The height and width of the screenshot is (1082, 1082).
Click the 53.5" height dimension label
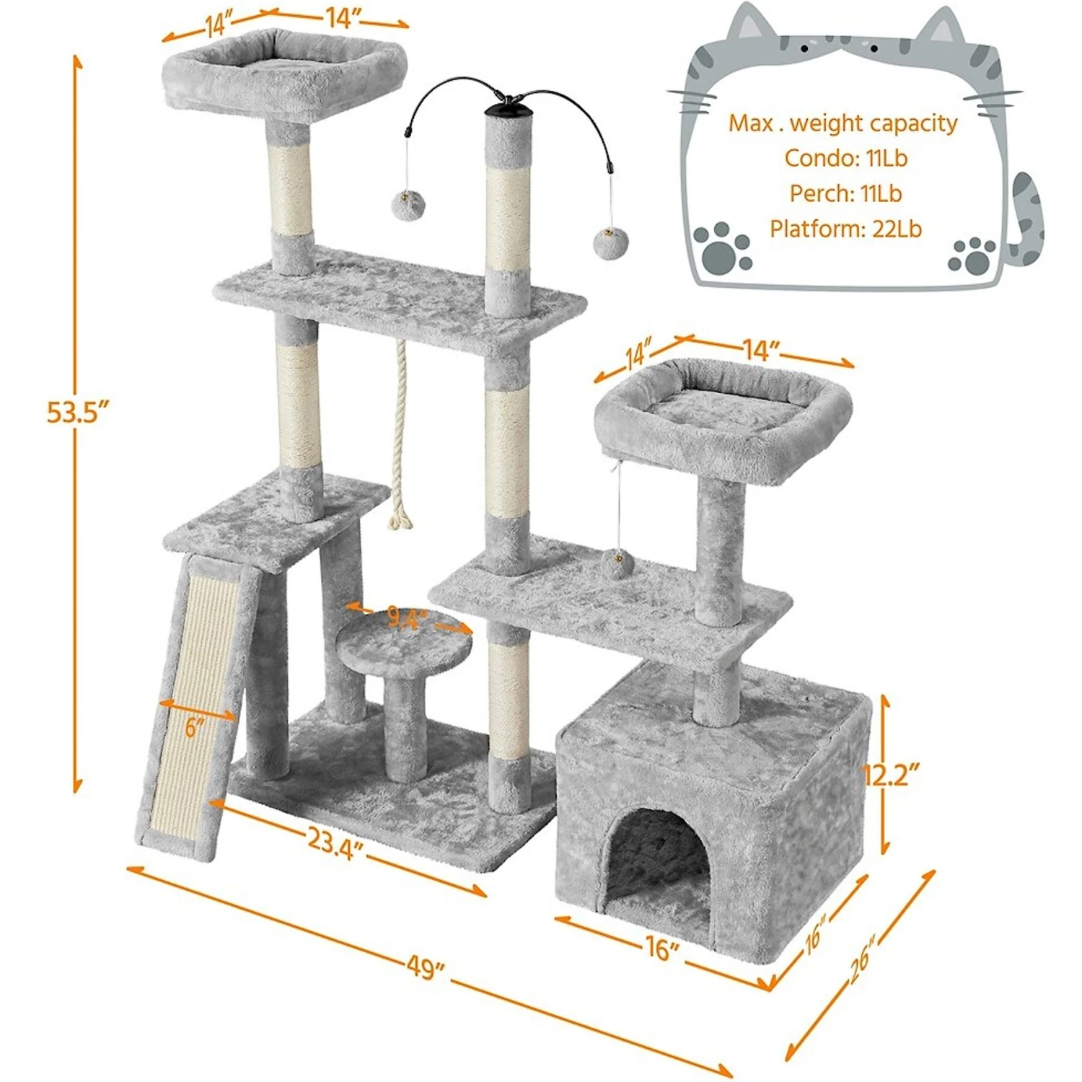[77, 413]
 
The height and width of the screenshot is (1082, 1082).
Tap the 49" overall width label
[425, 967]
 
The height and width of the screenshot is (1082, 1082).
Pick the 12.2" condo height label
[892, 775]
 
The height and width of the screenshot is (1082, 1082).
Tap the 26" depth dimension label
[861, 960]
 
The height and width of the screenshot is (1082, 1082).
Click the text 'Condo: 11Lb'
[845, 159]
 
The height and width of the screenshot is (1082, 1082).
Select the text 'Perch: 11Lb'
[845, 193]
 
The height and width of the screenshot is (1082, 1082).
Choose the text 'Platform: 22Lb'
[845, 229]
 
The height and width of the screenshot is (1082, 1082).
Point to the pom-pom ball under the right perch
[617, 561]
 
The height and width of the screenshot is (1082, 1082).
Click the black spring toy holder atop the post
[509, 110]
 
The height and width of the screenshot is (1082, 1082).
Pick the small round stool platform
[405, 643]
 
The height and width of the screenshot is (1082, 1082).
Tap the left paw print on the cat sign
[722, 247]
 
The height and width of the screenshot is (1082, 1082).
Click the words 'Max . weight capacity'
[843, 123]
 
